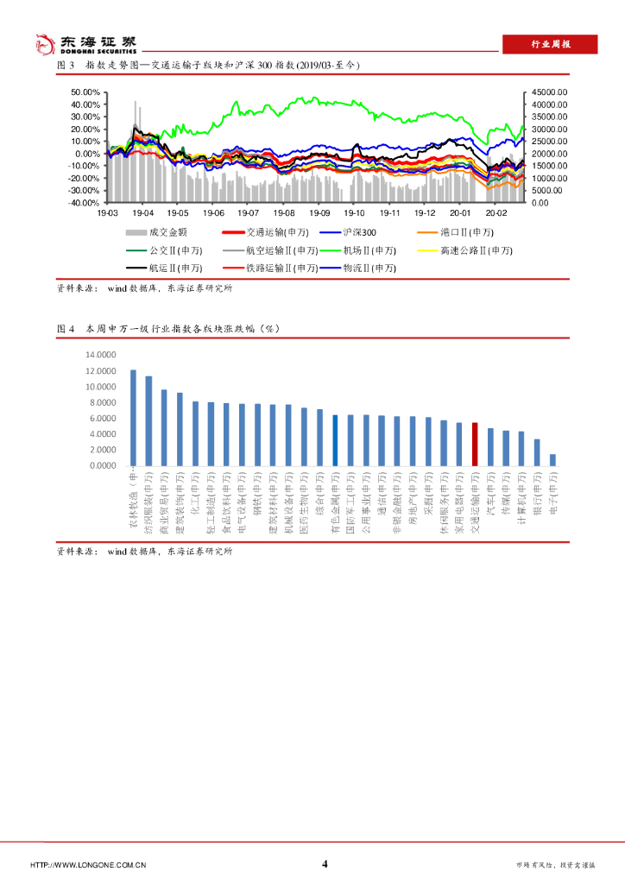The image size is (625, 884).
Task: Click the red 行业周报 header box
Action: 550,45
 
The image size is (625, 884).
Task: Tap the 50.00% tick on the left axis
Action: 87,92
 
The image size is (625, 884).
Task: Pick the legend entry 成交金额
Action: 157,232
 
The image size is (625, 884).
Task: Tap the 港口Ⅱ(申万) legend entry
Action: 452,232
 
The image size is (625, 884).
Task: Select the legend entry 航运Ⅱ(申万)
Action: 157,268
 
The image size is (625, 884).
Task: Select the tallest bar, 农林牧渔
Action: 133,418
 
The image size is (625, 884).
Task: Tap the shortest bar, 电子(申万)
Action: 552,460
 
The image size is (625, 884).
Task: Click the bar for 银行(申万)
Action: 537,452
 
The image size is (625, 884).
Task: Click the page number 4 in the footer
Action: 325,864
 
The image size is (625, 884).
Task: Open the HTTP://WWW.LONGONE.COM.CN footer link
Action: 88,865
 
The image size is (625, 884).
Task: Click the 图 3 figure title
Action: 207,66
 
